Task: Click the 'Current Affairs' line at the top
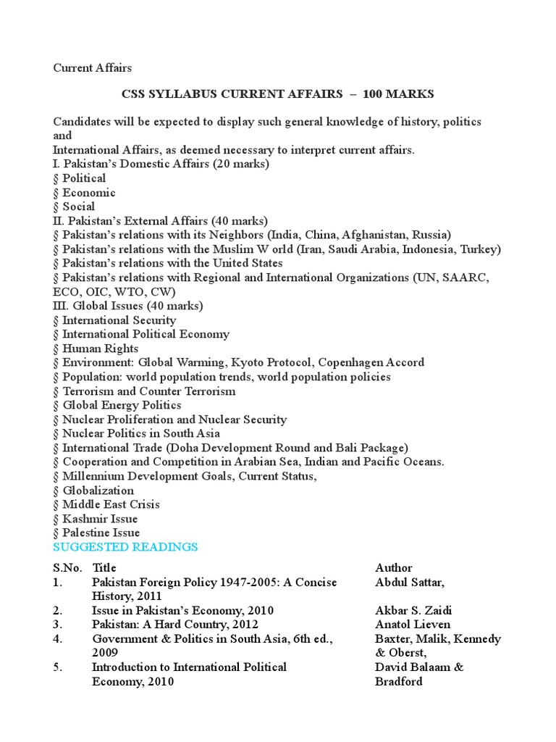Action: pos(93,68)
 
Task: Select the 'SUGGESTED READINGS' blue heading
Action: pos(125,546)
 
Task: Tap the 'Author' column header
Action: pos(394,567)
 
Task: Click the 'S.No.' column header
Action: pos(67,567)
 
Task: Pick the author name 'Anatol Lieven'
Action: pos(413,624)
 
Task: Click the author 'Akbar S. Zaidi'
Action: pos(413,610)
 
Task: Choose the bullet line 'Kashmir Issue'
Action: pos(99,519)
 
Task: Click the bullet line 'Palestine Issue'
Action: pos(101,533)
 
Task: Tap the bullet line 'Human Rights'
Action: pos(100,349)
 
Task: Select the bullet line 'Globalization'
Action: pos(98,491)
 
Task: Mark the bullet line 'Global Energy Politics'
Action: pos(122,405)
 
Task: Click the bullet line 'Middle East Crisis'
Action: pos(111,504)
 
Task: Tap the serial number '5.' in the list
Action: pos(58,667)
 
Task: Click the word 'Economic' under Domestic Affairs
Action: pos(88,193)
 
